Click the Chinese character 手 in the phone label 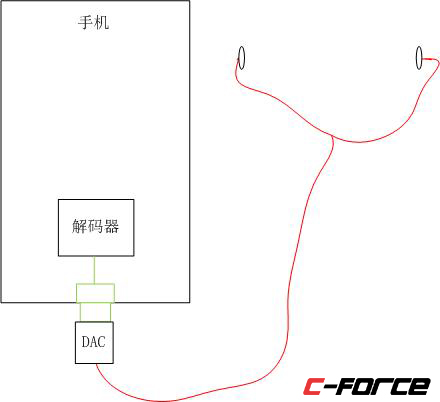(x=85, y=23)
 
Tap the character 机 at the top (x=101, y=23)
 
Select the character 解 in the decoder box (x=79, y=226)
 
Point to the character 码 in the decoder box (x=95, y=226)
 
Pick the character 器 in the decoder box (x=112, y=226)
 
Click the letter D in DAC (x=86, y=342)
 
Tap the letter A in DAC (x=94, y=342)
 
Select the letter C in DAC (x=101, y=342)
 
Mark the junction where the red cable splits (x=331, y=136)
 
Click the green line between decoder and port (x=95, y=270)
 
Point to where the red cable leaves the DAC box (x=97, y=364)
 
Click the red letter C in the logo (x=312, y=386)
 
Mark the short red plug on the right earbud (x=430, y=59)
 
